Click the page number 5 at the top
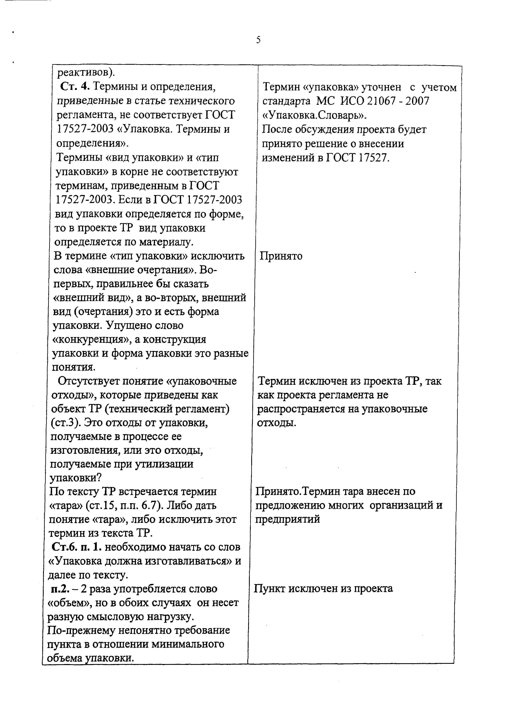[258, 40]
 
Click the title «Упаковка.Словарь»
[314, 115]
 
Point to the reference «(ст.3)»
[63, 423]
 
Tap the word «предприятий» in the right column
[288, 519]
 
